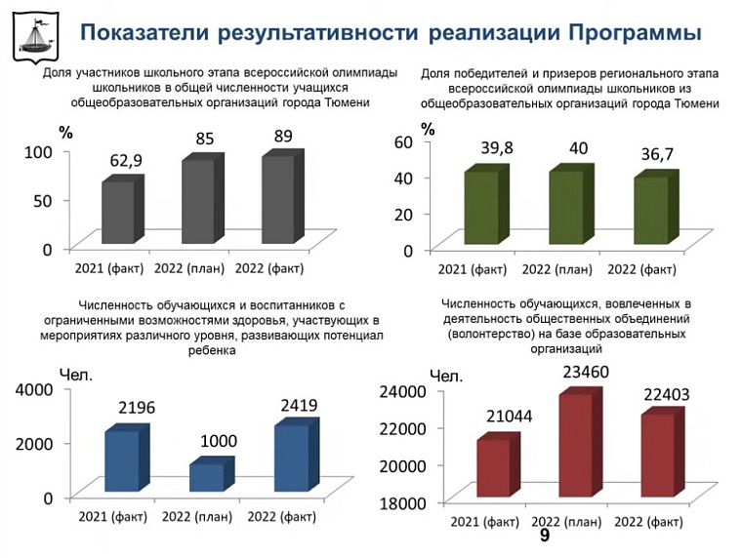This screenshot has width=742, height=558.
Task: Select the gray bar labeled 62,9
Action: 119,210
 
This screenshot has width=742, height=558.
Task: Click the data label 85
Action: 205,139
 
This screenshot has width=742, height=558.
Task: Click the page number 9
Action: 545,538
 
